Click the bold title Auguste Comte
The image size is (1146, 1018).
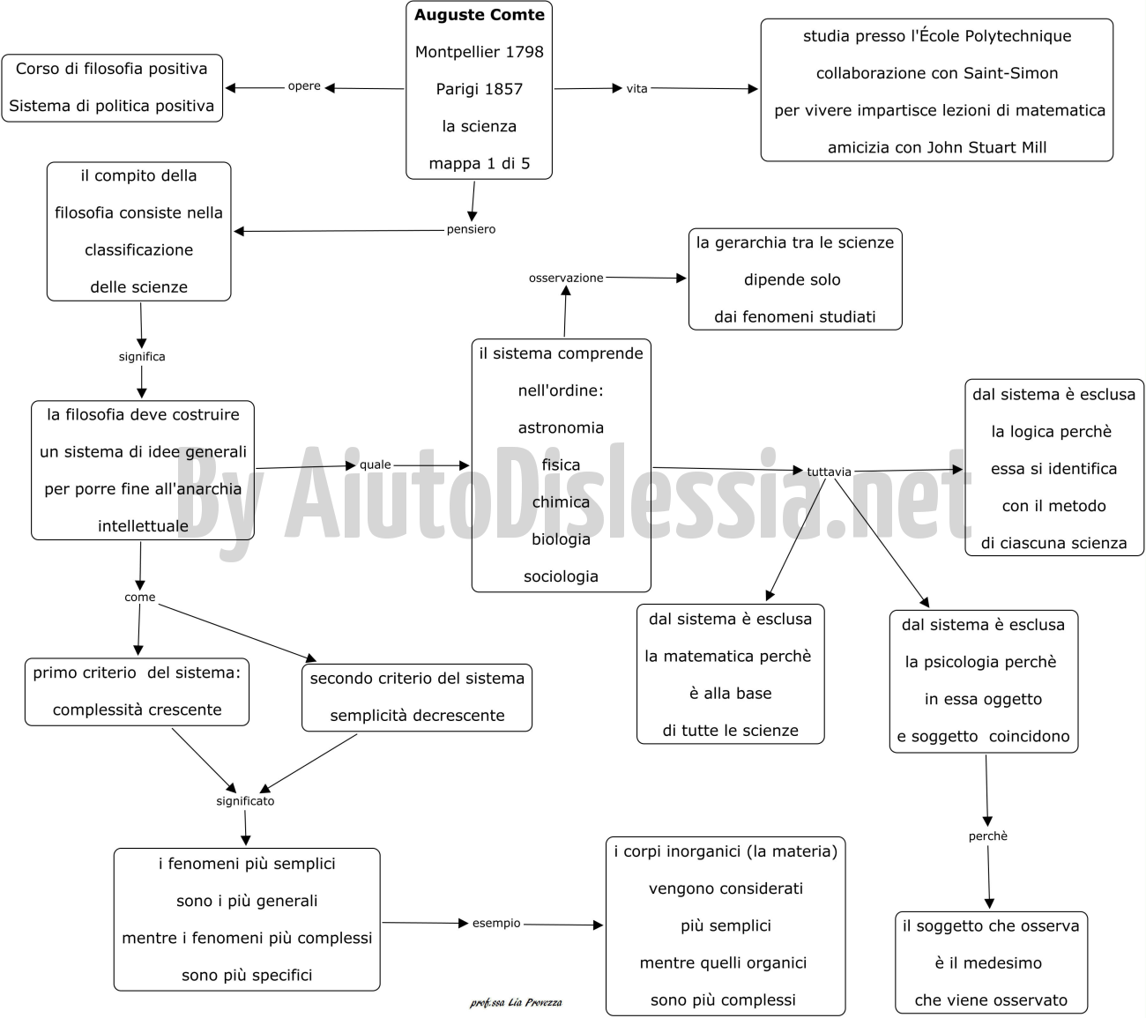tap(479, 15)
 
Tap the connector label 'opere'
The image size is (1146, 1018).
tap(304, 86)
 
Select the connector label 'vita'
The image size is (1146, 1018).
tap(636, 88)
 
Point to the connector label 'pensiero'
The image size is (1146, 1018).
tap(471, 229)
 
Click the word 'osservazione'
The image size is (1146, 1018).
tap(566, 278)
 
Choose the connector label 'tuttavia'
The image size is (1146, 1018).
tap(829, 472)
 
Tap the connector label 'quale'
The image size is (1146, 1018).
tap(375, 464)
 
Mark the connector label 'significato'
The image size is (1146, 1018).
tap(245, 801)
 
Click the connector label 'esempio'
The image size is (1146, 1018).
tap(496, 923)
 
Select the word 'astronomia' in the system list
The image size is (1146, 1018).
tap(561, 427)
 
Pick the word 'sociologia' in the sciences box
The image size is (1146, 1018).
tap(561, 576)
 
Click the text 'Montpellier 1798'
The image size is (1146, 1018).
tap(479, 52)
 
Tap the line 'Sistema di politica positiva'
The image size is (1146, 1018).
tap(111, 107)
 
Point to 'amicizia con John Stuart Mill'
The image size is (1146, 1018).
tap(937, 147)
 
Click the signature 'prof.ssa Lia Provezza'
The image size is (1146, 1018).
tap(516, 1003)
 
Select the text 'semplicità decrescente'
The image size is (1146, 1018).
tap(417, 716)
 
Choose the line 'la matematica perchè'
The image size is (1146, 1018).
tap(728, 656)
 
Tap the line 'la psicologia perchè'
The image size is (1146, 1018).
tap(980, 662)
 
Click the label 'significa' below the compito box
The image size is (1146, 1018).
tap(141, 357)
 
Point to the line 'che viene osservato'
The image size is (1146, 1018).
tap(991, 999)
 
